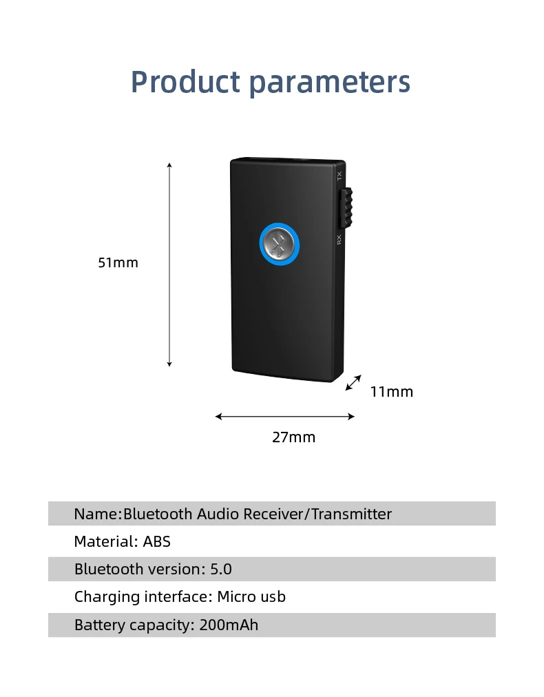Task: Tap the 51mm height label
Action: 118,262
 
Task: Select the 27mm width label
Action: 293,437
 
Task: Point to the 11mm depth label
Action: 391,392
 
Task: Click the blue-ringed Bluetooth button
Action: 279,243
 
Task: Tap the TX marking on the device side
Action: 339,176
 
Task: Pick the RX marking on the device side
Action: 339,240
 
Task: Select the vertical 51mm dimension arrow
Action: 169,265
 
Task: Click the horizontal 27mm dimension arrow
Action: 284,416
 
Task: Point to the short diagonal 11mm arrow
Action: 353,382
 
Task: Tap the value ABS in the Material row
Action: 157,541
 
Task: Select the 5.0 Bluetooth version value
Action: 221,570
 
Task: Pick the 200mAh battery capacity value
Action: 229,625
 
